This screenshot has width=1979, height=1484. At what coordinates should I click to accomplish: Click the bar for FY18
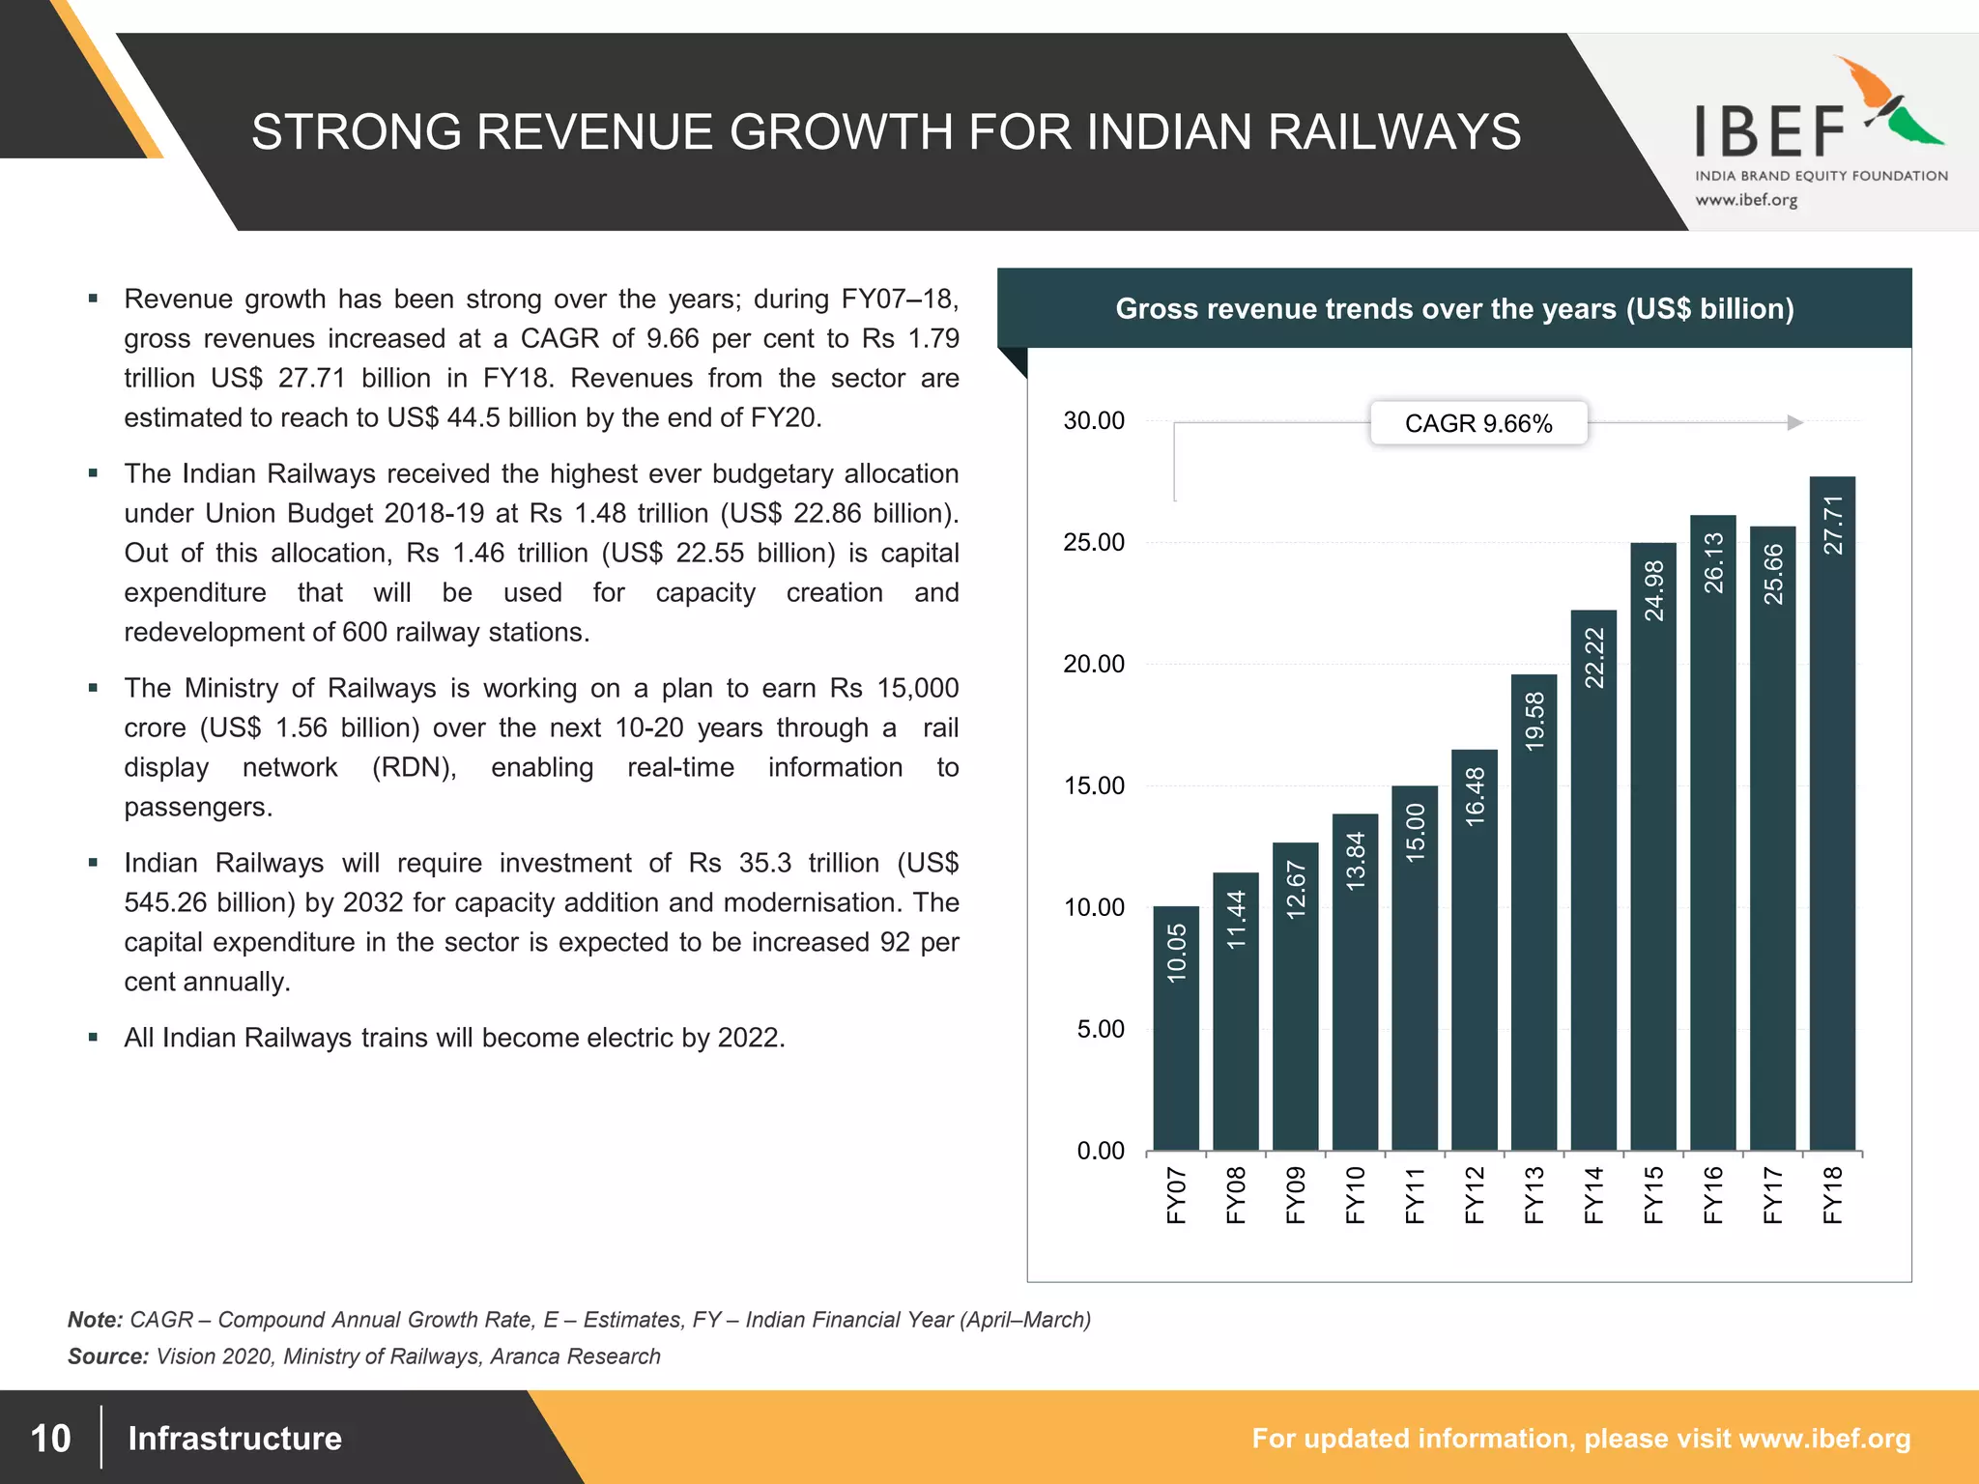tap(1832, 821)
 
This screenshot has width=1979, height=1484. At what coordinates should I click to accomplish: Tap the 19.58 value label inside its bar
tap(1534, 721)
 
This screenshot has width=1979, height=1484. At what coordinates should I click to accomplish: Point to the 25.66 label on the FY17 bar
tap(1773, 574)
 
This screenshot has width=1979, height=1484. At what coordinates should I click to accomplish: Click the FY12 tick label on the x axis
tap(1475, 1195)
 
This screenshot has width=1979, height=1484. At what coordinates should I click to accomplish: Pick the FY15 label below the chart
tap(1653, 1195)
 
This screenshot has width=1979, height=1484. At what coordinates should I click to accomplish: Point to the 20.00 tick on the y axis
tap(1094, 664)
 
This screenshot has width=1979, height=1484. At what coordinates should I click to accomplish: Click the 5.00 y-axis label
tap(1101, 1029)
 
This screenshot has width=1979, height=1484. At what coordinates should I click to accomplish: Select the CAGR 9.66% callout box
tap(1477, 423)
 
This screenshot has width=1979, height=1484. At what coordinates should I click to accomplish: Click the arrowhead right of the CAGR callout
tap(1794, 422)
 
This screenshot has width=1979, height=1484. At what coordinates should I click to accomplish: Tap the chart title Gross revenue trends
tap(1454, 309)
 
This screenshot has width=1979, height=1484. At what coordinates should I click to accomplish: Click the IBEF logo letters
tap(1770, 132)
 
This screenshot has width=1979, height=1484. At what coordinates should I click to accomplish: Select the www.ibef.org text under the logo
tap(1746, 200)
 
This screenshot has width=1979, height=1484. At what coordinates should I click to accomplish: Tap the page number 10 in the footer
tap(50, 1438)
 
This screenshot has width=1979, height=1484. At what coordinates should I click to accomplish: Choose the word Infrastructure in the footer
tap(235, 1438)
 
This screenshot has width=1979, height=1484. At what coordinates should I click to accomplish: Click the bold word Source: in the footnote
tap(107, 1356)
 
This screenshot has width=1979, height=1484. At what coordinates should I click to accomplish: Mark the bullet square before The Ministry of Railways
tap(93, 688)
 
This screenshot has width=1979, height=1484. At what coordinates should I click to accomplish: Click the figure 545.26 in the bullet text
tap(165, 902)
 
